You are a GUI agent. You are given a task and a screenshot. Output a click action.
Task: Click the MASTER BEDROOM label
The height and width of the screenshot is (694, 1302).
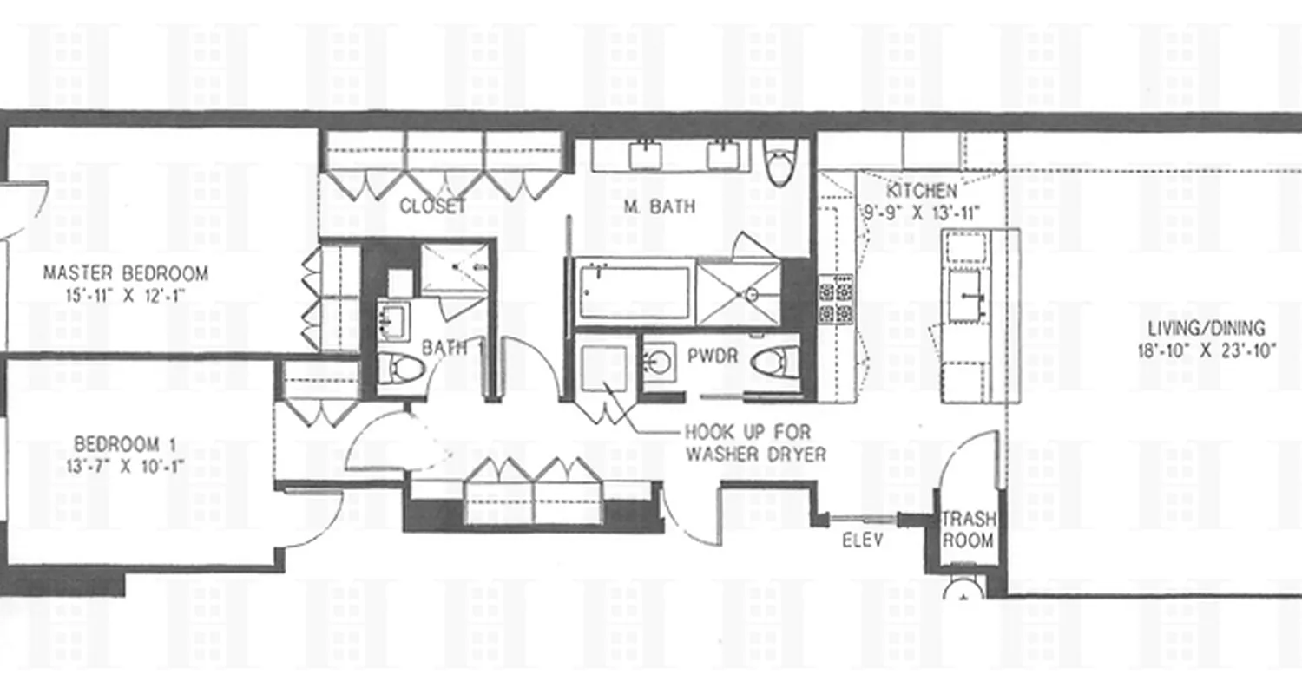pyautogui.click(x=126, y=274)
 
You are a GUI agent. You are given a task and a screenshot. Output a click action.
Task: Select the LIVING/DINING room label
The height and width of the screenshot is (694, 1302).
pyautogui.click(x=1207, y=329)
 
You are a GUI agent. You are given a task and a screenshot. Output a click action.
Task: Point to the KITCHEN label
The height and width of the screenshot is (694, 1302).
pyautogui.click(x=921, y=191)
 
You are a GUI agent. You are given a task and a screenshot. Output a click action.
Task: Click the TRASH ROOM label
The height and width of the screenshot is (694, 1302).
pyautogui.click(x=968, y=530)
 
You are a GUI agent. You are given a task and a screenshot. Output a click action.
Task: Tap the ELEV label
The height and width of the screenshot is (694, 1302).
pyautogui.click(x=863, y=540)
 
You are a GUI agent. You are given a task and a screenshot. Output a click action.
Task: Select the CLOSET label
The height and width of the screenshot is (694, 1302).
pyautogui.click(x=432, y=206)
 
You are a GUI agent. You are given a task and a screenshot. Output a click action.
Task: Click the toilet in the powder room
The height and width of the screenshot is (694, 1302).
pyautogui.click(x=775, y=362)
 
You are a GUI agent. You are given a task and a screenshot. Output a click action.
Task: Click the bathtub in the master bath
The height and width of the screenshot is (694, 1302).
pyautogui.click(x=635, y=292)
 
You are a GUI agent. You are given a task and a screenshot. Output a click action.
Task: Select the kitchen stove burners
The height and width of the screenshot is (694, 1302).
pyautogui.click(x=835, y=299)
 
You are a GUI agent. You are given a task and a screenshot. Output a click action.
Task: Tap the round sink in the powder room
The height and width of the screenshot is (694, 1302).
pyautogui.click(x=659, y=361)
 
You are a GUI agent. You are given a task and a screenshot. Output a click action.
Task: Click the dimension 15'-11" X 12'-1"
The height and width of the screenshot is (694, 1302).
pyautogui.click(x=126, y=295)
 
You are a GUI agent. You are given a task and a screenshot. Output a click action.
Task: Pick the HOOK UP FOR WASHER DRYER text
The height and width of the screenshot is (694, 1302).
pyautogui.click(x=754, y=442)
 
